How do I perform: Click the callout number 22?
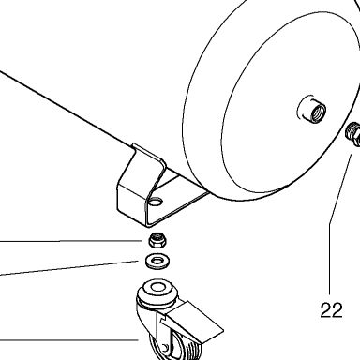[331, 309]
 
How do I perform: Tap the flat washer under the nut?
[157, 261]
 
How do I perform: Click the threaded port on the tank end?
[313, 112]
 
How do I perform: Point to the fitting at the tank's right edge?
[353, 133]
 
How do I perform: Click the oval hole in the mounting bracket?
[156, 202]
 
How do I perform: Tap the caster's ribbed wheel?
[176, 347]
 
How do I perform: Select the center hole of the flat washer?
[157, 260]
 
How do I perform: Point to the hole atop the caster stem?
[157, 287]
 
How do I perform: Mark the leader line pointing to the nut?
[71, 241]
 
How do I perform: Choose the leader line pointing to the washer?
[69, 268]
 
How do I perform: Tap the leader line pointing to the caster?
[69, 339]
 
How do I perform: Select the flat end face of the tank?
[291, 103]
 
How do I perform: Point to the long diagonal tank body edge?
[67, 109]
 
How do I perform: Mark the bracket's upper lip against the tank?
[149, 153]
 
